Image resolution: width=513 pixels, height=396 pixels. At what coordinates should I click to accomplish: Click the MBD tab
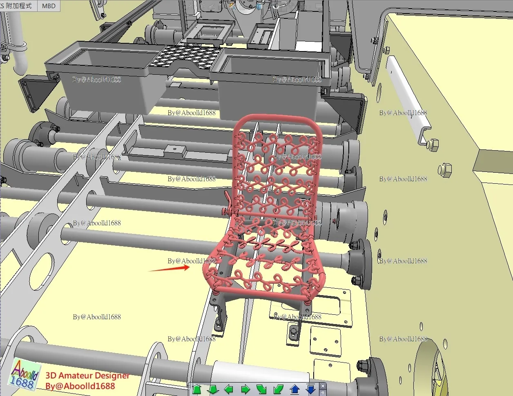[49, 6]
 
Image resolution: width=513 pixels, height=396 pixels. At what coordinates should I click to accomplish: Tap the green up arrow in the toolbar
[196, 389]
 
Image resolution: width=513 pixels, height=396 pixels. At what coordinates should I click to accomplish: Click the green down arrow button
[212, 389]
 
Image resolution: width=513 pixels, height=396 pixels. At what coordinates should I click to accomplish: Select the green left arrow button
[229, 389]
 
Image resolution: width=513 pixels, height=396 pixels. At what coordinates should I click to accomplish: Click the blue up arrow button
[294, 389]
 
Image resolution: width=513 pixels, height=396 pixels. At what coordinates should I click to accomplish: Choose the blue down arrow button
[311, 389]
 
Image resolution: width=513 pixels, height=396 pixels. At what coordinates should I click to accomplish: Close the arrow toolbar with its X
[323, 386]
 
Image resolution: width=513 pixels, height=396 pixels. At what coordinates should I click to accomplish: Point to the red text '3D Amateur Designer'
[87, 376]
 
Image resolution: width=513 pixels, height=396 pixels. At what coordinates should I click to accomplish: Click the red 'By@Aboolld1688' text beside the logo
[80, 386]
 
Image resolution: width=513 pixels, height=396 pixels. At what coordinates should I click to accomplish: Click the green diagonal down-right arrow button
[261, 389]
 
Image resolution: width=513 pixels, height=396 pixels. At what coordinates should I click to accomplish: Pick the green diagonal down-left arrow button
[278, 389]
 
